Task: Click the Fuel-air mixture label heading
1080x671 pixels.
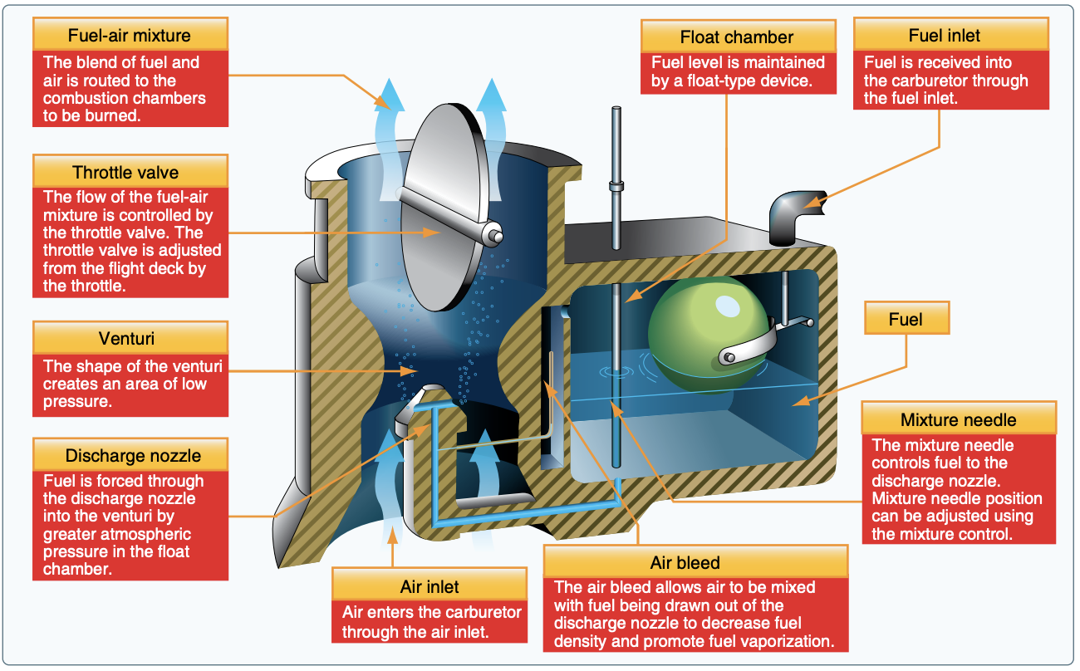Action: click(130, 37)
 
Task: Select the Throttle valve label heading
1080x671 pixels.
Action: click(130, 173)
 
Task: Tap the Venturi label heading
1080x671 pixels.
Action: click(130, 340)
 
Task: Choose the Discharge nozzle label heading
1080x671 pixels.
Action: click(130, 456)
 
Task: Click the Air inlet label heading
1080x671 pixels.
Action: click(429, 586)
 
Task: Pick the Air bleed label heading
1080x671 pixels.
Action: click(695, 563)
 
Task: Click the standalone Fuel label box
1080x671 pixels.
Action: click(906, 320)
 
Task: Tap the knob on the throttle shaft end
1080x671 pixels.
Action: click(498, 236)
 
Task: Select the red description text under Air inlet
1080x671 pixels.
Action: click(429, 622)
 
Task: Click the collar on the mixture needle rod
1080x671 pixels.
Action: click(616, 185)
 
